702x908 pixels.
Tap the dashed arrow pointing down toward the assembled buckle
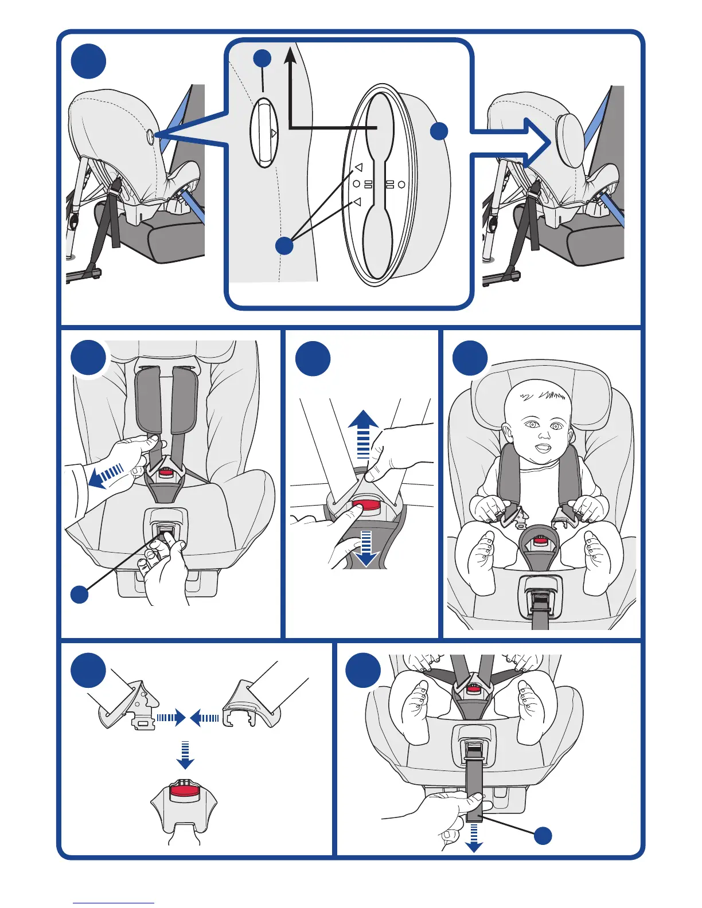pos(185,755)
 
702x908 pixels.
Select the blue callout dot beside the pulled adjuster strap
pos(543,836)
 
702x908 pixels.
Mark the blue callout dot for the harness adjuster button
pos(79,594)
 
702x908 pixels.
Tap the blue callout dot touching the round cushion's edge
pos(439,131)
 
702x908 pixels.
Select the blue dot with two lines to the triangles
pos(284,245)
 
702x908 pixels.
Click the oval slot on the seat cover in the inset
pos(264,133)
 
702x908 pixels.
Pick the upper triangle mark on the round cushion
pos(358,167)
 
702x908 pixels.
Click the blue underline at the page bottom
pos(114,903)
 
